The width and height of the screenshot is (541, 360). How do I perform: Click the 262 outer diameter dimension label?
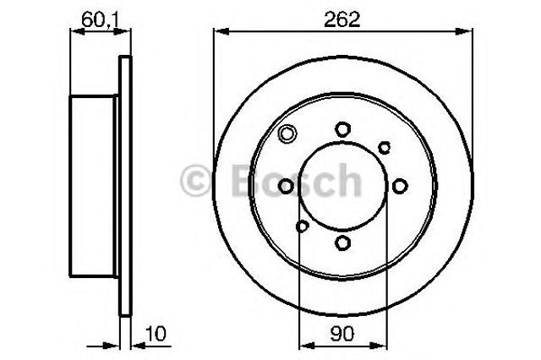(343, 18)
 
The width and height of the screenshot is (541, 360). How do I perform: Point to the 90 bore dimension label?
(342, 335)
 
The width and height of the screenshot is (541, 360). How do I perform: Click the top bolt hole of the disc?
(342, 128)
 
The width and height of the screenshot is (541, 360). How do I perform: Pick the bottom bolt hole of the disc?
(342, 243)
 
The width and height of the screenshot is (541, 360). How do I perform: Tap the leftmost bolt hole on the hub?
(286, 186)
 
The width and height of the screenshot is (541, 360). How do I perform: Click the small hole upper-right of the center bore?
(384, 147)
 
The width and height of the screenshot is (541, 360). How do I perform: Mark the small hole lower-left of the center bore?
(303, 226)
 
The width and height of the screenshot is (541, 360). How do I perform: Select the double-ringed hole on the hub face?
(287, 133)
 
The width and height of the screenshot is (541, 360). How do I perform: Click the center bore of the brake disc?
(342, 186)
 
